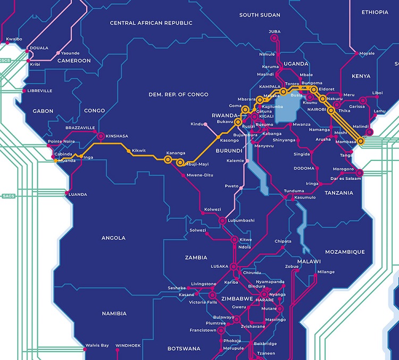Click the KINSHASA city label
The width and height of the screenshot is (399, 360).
(117, 136)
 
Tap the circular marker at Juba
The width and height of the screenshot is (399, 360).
(275, 39)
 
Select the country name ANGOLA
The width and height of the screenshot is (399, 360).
(113, 238)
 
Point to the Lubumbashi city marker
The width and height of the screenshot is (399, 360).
(222, 220)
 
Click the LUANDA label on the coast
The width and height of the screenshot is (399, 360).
(78, 195)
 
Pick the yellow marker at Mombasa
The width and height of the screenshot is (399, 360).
(361, 141)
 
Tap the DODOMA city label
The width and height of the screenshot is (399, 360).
(304, 168)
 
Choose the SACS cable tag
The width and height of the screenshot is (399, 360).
(9, 196)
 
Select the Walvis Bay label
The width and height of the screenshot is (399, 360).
(97, 346)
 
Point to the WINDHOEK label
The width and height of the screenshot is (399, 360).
(128, 346)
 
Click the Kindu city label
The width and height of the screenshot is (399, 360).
(197, 124)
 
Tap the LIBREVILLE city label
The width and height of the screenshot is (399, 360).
(39, 91)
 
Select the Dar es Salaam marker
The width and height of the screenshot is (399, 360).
(359, 173)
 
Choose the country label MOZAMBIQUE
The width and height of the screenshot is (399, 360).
(345, 252)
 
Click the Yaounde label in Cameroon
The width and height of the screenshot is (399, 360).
(70, 53)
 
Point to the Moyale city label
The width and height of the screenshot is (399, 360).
(367, 54)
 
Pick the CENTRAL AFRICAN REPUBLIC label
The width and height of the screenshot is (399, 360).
(151, 23)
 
